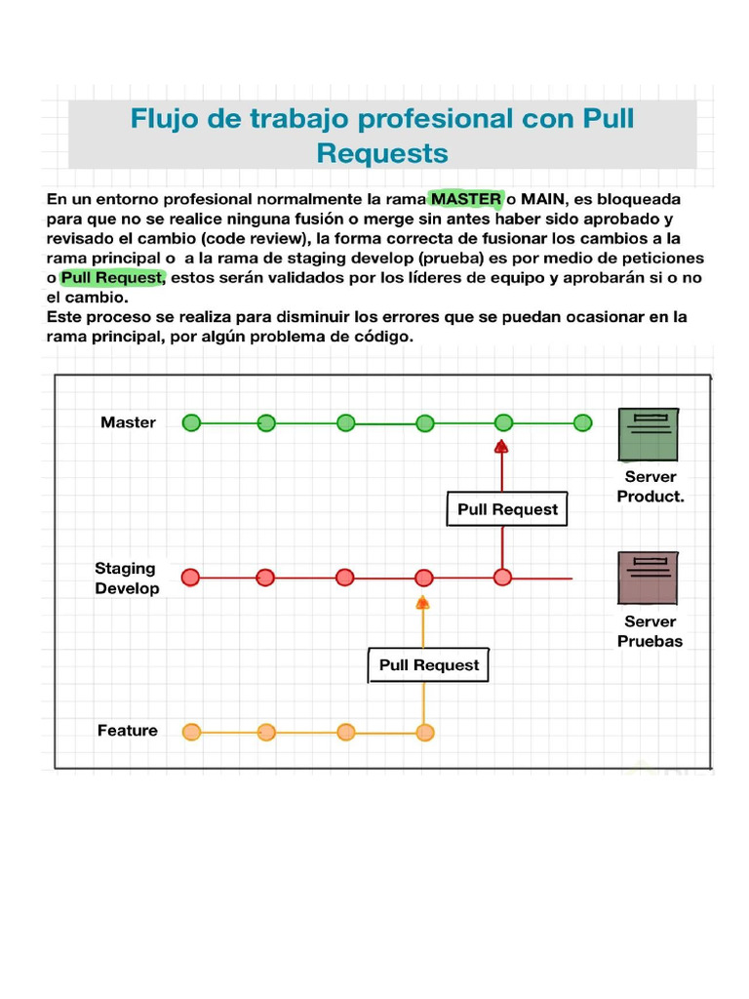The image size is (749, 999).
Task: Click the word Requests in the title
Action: point(382,153)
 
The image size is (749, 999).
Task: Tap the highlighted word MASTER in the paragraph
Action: point(466,199)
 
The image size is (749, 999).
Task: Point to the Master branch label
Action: point(128,422)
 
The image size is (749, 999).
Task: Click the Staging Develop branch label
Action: point(127,578)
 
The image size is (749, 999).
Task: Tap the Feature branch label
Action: point(127,731)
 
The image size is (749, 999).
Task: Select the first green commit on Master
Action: point(191,422)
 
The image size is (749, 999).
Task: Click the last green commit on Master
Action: point(582,422)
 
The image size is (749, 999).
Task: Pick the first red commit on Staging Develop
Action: point(190,578)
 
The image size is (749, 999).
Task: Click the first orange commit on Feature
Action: point(191,732)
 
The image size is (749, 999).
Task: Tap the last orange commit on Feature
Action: point(424,732)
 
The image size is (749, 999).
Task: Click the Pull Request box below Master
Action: point(507,509)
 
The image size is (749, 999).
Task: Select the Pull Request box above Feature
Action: point(429,665)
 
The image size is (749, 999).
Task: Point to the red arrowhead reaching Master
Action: point(501,447)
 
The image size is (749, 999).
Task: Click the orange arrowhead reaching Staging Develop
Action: point(422,602)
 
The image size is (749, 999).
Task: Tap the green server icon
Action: point(649,434)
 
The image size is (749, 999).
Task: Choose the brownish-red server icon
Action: point(649,578)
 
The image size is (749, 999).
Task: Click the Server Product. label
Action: point(650,486)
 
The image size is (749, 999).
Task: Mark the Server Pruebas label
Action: point(650,631)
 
